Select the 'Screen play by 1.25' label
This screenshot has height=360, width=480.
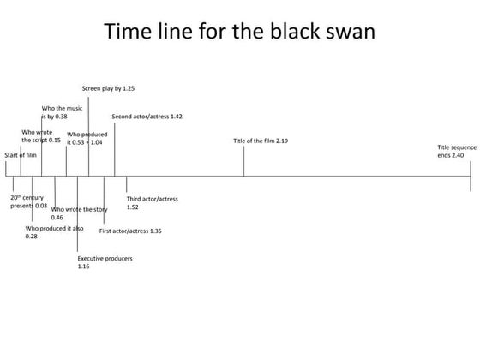pos(108,88)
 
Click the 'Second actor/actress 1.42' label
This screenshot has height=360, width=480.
pos(147,116)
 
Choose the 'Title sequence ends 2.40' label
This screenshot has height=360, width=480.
pos(451,151)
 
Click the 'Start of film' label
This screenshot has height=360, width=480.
pos(21,154)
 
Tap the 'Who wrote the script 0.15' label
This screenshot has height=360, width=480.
pos(40,135)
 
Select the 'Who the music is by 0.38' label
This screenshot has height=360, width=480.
pos(61,111)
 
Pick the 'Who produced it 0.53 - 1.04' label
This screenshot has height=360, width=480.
pos(85,138)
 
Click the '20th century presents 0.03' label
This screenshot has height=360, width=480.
pos(28,201)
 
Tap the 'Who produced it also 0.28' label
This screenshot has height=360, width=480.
pos(54,232)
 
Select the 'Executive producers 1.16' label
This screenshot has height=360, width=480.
pos(105,262)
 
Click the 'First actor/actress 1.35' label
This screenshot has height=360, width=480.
pos(130,231)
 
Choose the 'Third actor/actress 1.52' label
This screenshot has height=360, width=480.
pos(152,202)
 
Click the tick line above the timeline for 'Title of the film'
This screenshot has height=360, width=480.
pos(243,161)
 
